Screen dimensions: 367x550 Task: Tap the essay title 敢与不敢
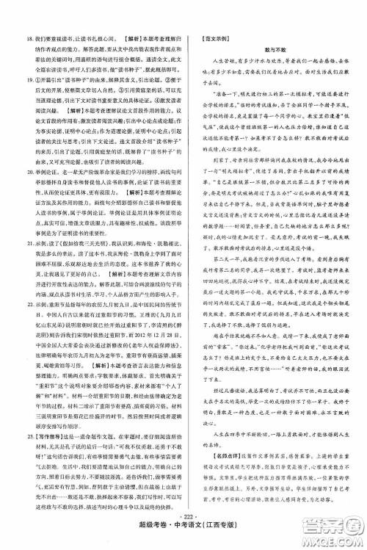click(275, 46)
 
